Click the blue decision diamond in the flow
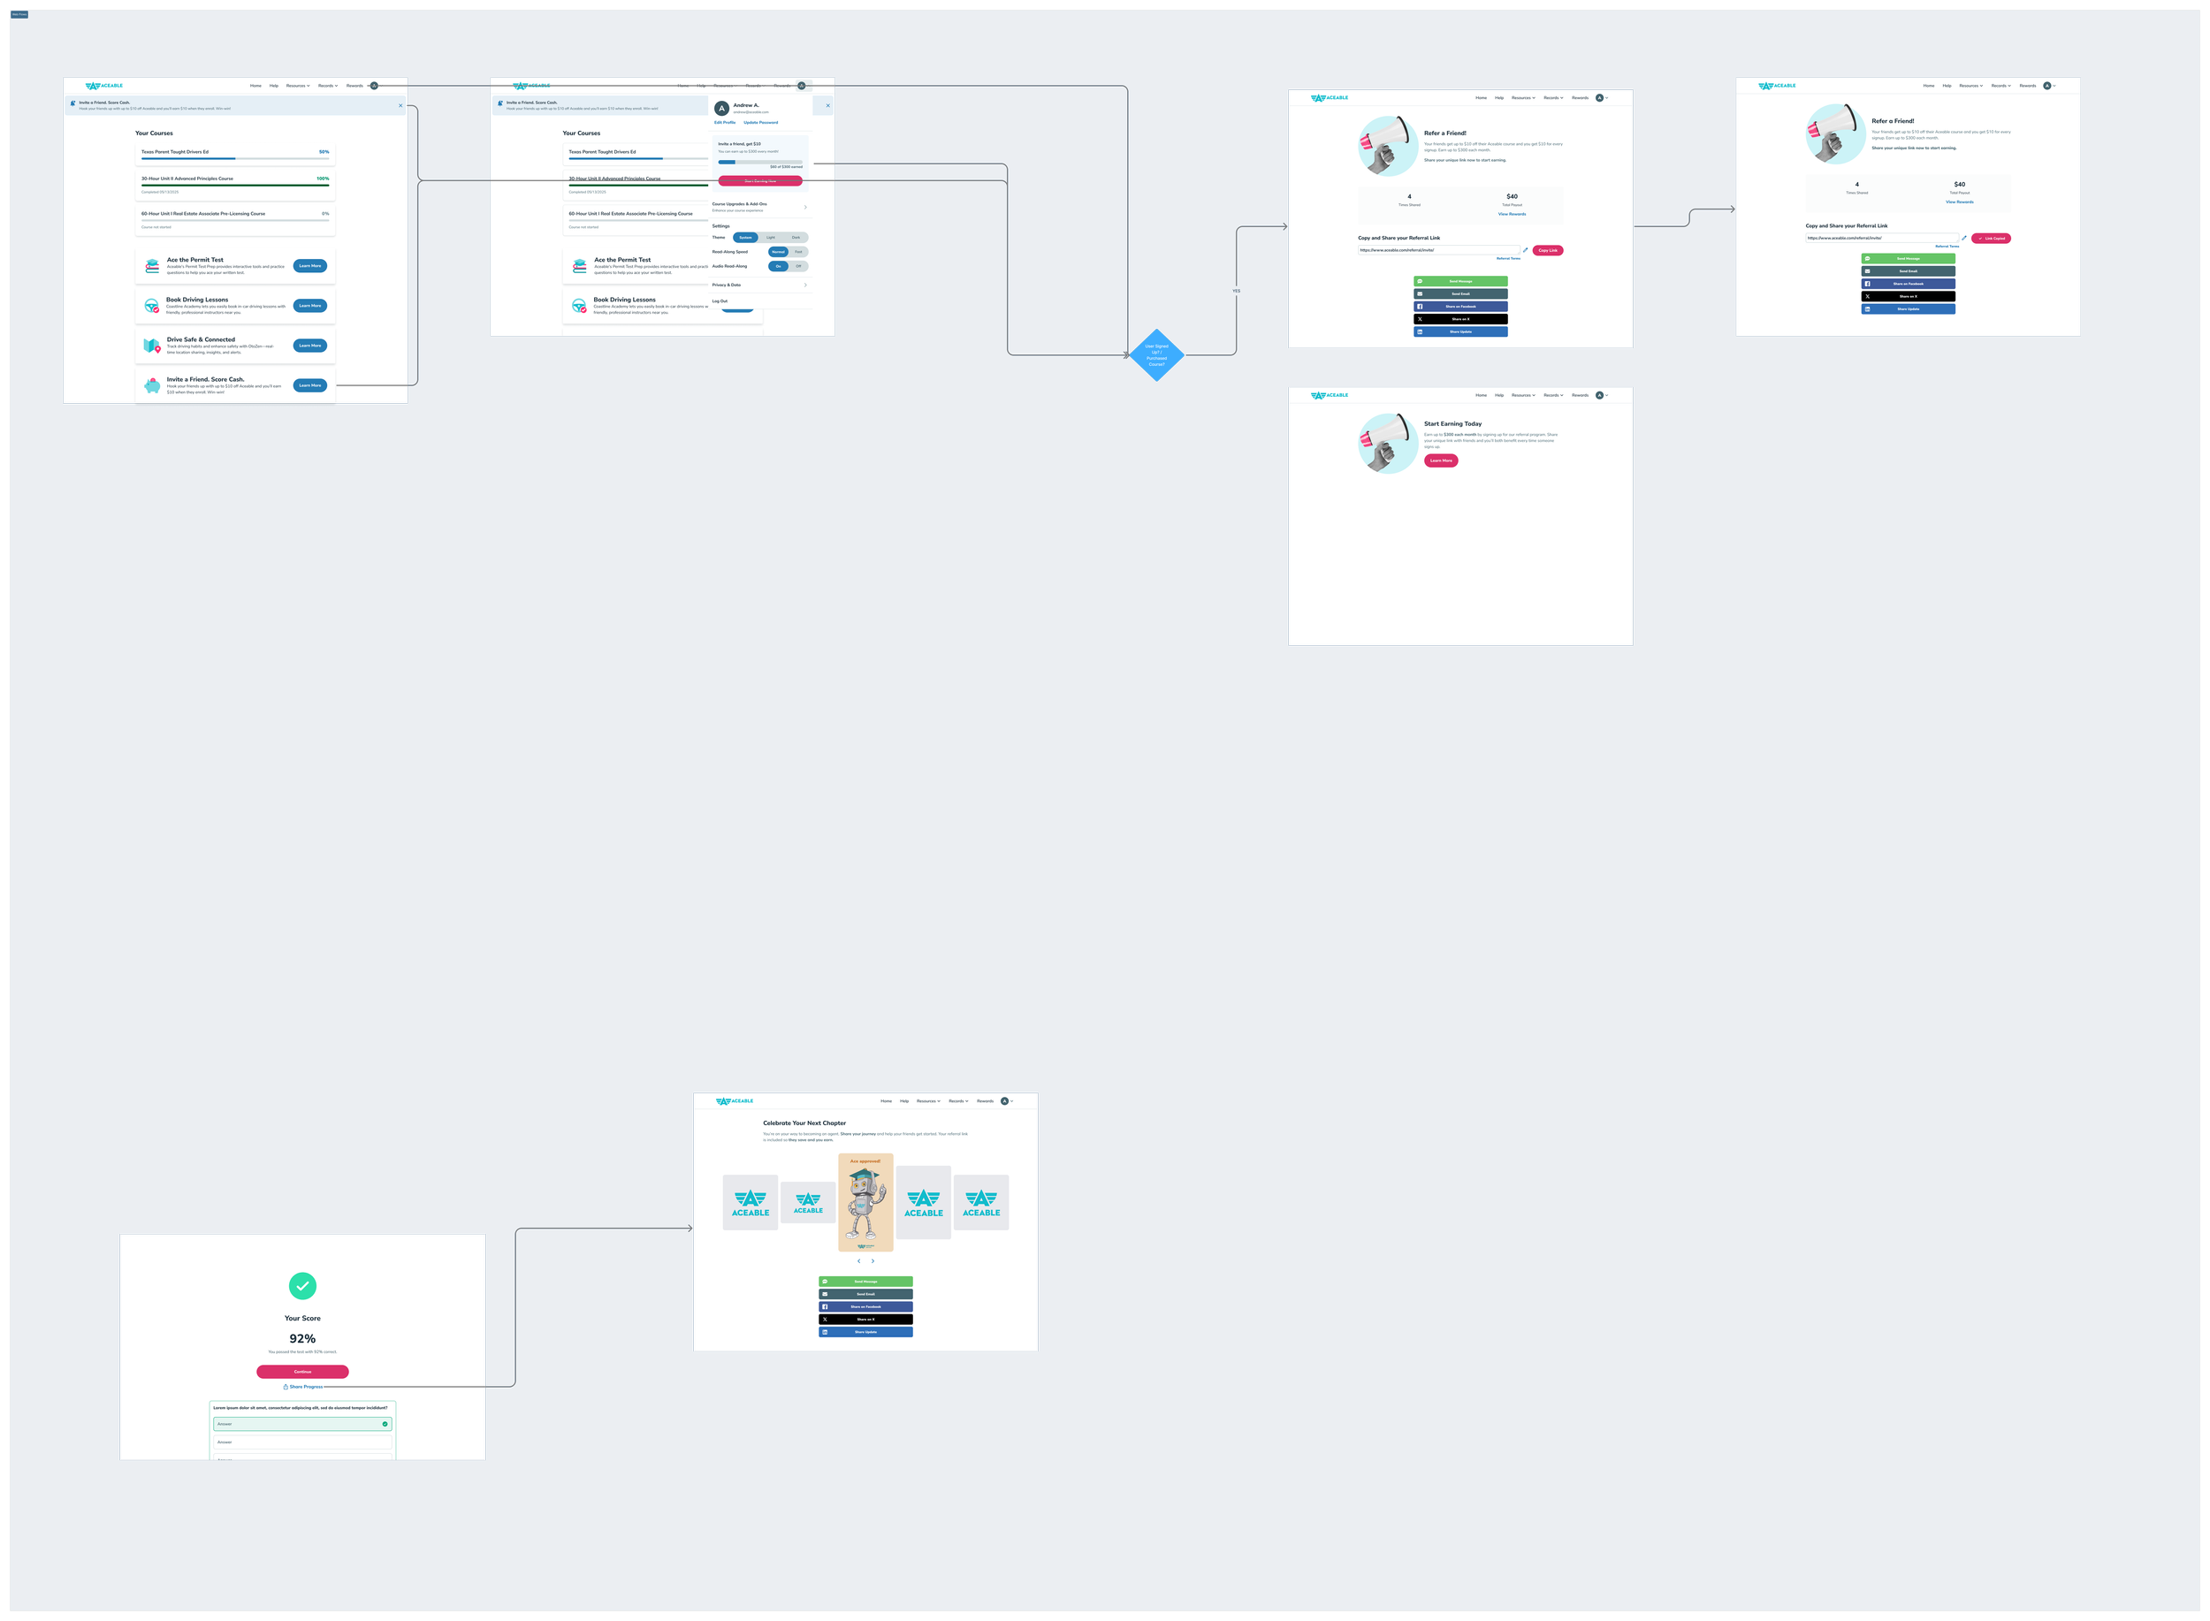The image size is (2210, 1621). click(1156, 355)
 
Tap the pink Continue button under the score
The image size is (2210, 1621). click(302, 1372)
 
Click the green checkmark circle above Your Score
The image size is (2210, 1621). click(302, 1285)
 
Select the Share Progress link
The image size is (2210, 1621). click(303, 1387)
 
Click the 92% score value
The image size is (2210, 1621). click(302, 1338)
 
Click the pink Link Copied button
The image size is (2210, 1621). click(1991, 239)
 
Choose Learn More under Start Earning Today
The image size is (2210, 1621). click(1441, 460)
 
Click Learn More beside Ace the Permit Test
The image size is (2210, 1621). click(310, 266)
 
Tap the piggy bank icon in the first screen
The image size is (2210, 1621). click(152, 385)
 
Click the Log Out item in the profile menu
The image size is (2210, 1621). click(720, 301)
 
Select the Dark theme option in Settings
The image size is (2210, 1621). click(796, 238)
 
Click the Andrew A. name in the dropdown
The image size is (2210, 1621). click(746, 105)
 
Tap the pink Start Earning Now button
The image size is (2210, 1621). click(759, 181)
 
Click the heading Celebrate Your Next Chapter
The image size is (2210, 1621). click(804, 1123)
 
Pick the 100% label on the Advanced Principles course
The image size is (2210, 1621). click(323, 179)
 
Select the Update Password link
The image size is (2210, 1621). click(760, 123)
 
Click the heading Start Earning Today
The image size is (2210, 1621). click(1452, 424)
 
